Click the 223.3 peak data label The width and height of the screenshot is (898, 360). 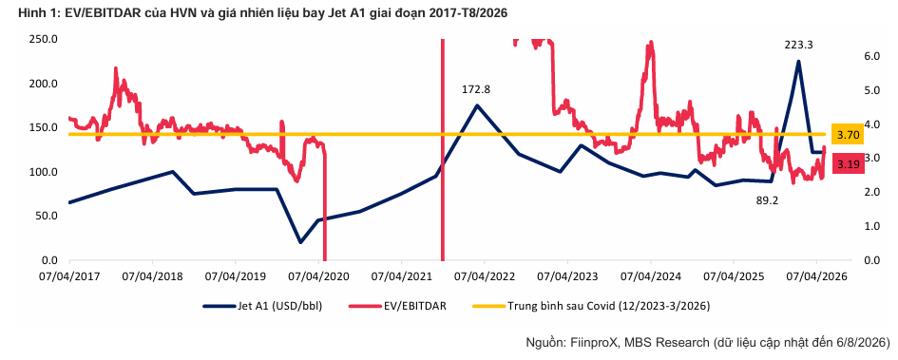799,46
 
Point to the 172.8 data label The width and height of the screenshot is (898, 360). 476,89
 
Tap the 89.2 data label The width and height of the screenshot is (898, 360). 765,200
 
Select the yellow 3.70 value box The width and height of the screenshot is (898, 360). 849,135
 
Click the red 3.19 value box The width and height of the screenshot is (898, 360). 849,164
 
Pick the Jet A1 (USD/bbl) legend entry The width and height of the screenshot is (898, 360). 262,306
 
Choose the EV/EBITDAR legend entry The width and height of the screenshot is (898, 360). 397,306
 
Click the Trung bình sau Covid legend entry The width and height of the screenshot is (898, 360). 591,306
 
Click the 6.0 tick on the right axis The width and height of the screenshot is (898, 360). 867,56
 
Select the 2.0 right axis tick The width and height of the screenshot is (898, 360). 867,192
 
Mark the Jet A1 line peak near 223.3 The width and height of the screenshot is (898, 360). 798,61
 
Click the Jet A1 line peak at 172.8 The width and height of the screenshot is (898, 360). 476,104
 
